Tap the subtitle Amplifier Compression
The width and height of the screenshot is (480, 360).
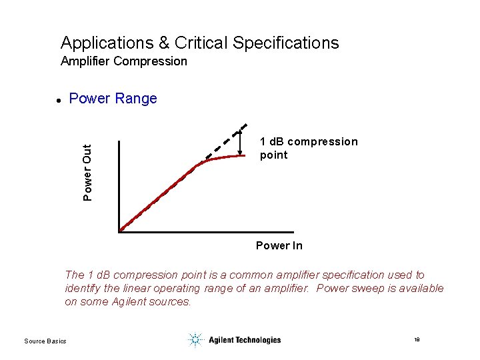(x=123, y=61)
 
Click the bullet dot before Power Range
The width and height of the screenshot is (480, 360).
(x=59, y=100)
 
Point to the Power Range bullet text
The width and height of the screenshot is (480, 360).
(x=113, y=99)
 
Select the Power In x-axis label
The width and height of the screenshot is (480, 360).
(x=279, y=246)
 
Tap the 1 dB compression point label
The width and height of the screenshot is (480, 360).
(x=308, y=148)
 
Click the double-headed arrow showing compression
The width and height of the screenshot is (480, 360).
(x=239, y=143)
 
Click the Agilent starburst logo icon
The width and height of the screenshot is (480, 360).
(x=195, y=340)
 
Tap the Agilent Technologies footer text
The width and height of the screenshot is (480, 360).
(x=244, y=340)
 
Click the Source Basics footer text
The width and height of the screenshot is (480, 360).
(x=45, y=341)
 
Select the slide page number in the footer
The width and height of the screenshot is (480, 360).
(x=416, y=340)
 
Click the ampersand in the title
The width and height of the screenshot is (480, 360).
(x=164, y=43)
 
